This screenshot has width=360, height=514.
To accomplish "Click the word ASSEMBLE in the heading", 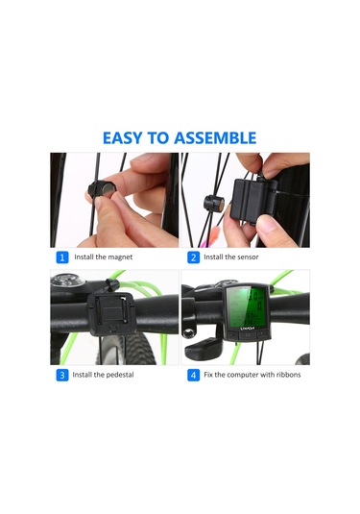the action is click(x=215, y=138).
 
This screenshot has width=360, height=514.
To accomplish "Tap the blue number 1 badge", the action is click(x=62, y=257).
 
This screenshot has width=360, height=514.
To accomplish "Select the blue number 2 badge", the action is click(x=193, y=257).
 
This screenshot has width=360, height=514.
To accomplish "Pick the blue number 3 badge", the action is click(x=62, y=375).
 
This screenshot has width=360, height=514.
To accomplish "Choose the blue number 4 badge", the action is click(x=193, y=375).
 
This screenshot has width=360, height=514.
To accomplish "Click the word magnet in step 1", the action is click(x=120, y=257).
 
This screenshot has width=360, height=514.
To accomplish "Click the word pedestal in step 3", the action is click(x=120, y=375).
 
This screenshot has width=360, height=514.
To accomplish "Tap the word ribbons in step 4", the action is click(x=288, y=375).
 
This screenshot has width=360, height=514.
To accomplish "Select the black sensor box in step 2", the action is click(x=253, y=200).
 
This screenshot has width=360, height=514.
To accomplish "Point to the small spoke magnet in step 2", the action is click(x=214, y=204).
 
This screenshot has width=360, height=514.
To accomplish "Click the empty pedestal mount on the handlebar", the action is click(x=111, y=314).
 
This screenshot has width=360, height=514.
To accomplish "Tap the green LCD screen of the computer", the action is click(x=247, y=306).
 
